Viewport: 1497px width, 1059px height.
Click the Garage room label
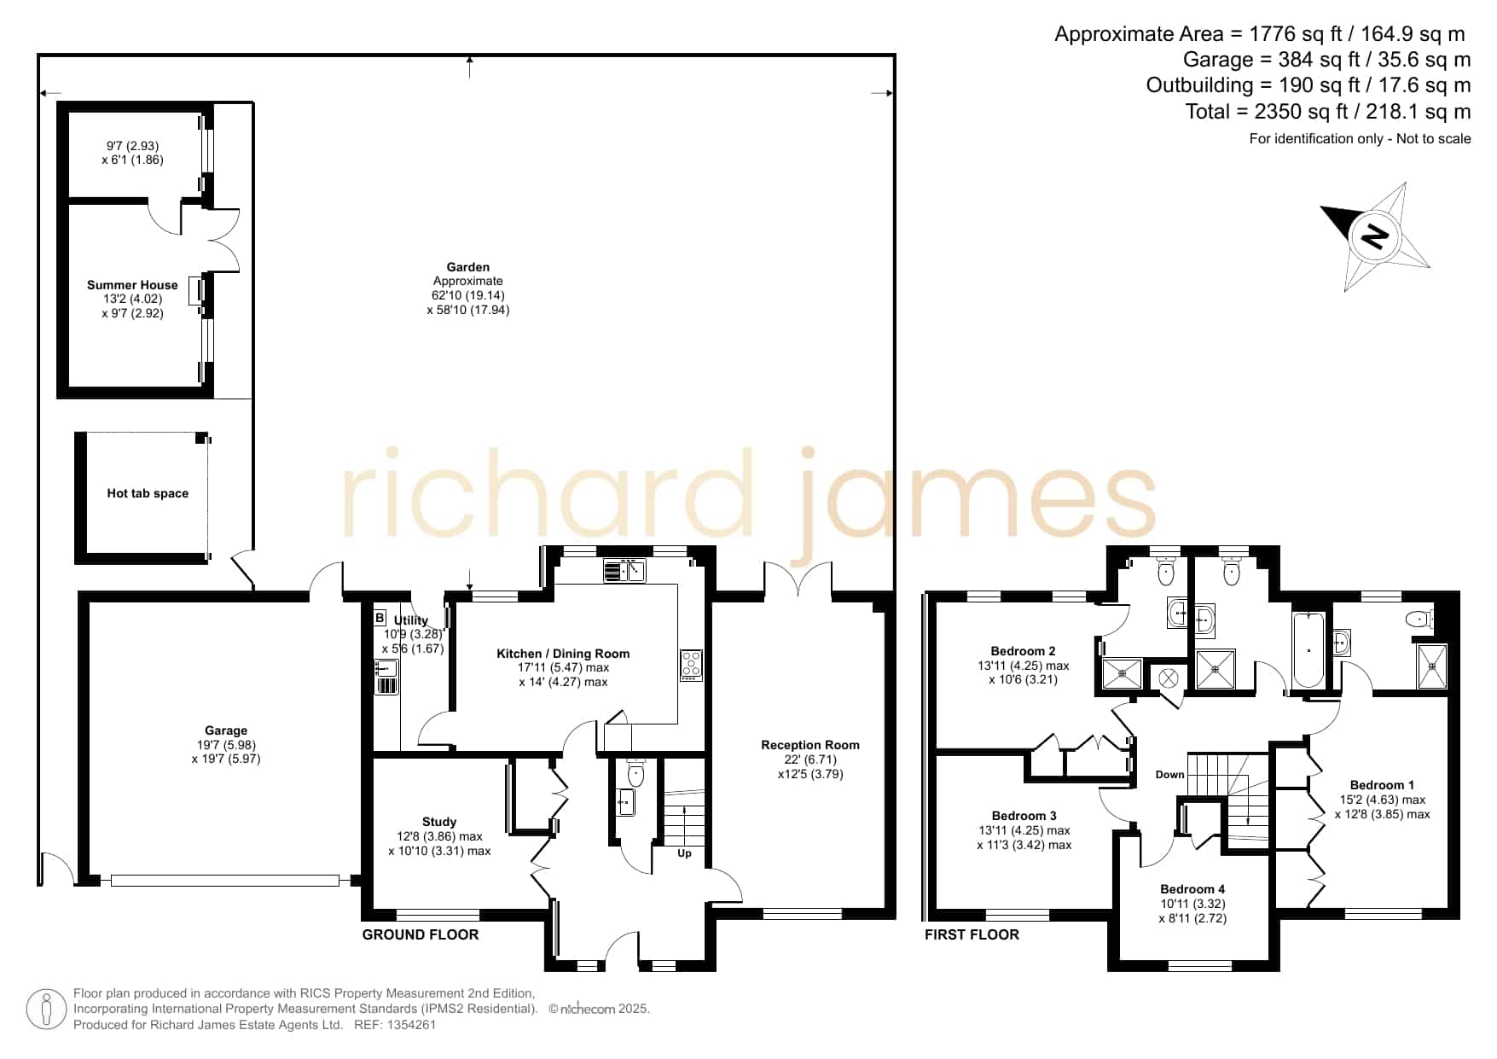pyautogui.click(x=226, y=730)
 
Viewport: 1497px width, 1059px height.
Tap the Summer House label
pyautogui.click(x=132, y=285)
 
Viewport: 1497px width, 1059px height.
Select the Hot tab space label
pyautogui.click(x=148, y=493)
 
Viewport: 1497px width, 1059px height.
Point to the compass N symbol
pyautogui.click(x=1373, y=235)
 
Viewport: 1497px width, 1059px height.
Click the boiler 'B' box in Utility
pyautogui.click(x=380, y=618)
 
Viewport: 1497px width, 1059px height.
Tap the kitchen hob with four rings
pyautogui.click(x=691, y=666)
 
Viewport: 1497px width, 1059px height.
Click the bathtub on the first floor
pyautogui.click(x=1308, y=649)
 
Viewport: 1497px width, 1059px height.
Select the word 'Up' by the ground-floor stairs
pyautogui.click(x=684, y=853)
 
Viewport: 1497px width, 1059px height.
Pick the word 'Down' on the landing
pyautogui.click(x=1170, y=775)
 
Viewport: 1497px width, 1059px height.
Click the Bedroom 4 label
pyautogui.click(x=1192, y=889)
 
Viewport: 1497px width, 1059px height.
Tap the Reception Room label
pyautogui.click(x=810, y=745)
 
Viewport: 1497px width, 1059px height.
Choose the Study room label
pyautogui.click(x=439, y=822)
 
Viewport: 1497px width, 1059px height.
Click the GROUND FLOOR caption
pyautogui.click(x=421, y=934)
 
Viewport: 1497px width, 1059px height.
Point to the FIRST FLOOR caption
pyautogui.click(x=972, y=934)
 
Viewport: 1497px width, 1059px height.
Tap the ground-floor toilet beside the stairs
pyautogui.click(x=635, y=773)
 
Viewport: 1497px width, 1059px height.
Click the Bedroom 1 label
pyautogui.click(x=1382, y=785)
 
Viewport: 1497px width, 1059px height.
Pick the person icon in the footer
pyautogui.click(x=46, y=1010)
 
